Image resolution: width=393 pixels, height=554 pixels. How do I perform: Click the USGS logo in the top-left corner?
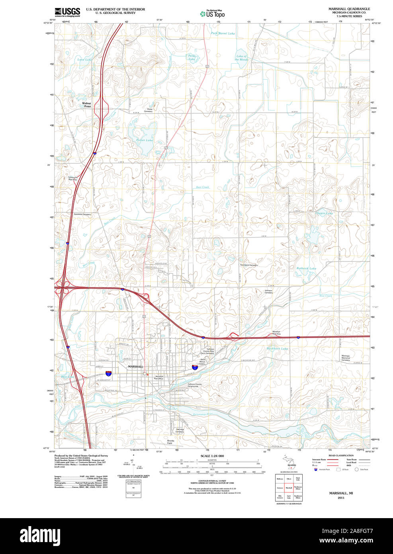67,12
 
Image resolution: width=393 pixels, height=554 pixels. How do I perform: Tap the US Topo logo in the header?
213,14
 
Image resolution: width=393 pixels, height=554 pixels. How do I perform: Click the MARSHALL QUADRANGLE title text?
349,9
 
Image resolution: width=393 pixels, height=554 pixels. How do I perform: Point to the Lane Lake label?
84,60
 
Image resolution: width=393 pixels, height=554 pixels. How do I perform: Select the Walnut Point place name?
86,105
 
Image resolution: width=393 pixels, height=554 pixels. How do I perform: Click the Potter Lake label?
144,140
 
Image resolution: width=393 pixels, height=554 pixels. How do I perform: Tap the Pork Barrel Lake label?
223,33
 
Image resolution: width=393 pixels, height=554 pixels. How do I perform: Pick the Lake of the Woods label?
241,58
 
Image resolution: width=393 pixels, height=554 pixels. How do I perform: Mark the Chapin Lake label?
324,213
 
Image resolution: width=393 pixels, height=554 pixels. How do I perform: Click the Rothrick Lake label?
306,268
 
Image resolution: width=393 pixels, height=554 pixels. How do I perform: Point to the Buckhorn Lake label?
277,349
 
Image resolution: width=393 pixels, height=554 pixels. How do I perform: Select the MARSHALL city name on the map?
135,366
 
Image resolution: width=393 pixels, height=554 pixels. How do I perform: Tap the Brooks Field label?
170,442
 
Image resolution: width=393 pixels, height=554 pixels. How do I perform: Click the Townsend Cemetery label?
248,265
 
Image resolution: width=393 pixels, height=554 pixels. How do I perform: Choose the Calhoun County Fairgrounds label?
195,385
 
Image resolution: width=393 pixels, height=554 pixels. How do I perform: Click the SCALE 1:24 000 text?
212,456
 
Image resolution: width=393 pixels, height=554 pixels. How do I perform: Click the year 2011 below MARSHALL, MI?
341,498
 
